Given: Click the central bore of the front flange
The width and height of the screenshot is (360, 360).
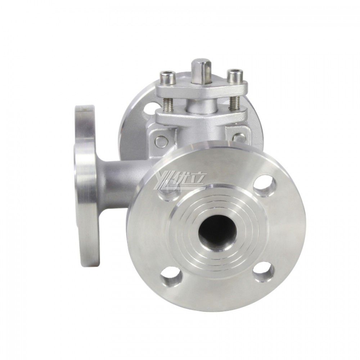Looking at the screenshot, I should pyautogui.click(x=217, y=232).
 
